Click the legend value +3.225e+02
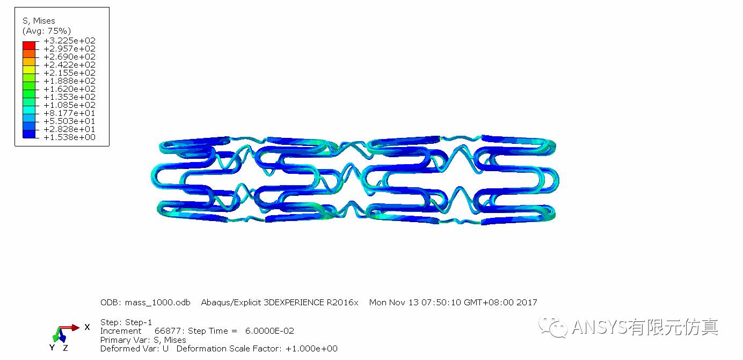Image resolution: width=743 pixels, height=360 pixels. pyautogui.click(x=69, y=40)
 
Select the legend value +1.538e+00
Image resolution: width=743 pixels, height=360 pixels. pyautogui.click(x=69, y=137)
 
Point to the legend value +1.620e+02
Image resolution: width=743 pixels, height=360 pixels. pyautogui.click(x=69, y=89)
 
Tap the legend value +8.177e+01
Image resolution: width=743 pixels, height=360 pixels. pyautogui.click(x=69, y=113)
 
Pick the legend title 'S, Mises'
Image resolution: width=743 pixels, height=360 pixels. pyautogui.click(x=39, y=21)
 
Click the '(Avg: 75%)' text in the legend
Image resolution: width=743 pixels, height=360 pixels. pyautogui.click(x=46, y=31)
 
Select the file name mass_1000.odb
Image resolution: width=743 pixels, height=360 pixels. pyautogui.click(x=157, y=302)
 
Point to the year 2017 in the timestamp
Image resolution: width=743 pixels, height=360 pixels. pyautogui.click(x=527, y=302)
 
